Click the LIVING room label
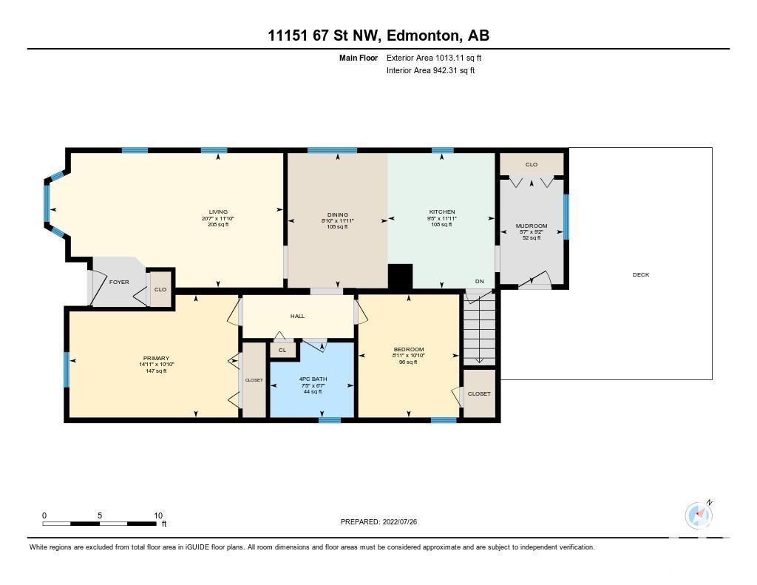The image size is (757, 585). (218, 212)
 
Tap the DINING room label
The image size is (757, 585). (337, 214)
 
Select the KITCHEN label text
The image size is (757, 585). (442, 212)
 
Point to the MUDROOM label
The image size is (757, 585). (532, 226)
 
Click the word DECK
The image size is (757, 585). (641, 274)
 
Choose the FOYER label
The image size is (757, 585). (119, 282)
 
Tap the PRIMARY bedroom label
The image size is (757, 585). (156, 358)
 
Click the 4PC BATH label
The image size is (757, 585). (313, 379)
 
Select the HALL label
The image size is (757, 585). (297, 316)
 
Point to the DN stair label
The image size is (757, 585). (479, 281)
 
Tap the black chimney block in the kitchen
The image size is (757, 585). (400, 277)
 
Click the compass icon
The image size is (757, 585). (699, 515)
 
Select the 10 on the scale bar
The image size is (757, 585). (158, 515)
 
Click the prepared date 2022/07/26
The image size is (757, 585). (400, 521)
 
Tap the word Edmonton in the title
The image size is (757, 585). (423, 35)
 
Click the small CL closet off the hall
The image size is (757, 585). (282, 350)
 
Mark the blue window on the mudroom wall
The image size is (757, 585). (566, 217)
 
